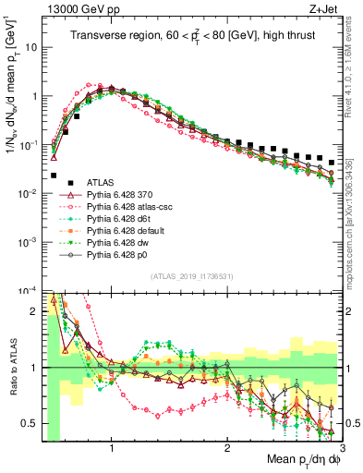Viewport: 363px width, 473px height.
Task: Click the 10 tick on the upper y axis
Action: [30, 46]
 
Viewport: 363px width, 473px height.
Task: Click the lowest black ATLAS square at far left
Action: [54, 175]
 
